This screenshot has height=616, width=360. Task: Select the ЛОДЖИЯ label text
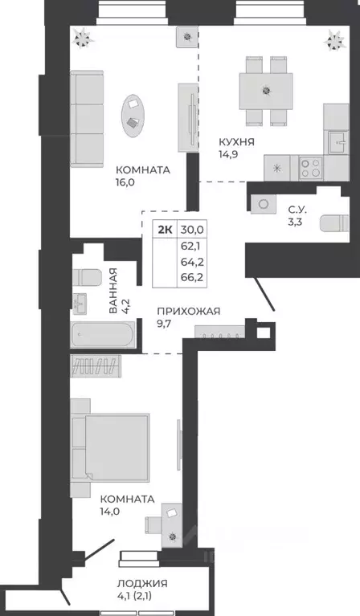click(141, 583)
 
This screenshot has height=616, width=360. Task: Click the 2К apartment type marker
click(164, 229)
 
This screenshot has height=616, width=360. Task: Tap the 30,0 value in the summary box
click(193, 229)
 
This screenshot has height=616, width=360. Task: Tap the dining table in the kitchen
click(265, 90)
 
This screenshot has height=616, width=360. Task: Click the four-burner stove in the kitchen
click(311, 168)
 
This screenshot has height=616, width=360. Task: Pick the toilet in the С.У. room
click(332, 222)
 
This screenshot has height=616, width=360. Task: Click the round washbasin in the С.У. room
click(263, 204)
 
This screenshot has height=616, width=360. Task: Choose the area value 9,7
click(166, 326)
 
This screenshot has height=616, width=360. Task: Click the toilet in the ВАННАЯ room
click(86, 277)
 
